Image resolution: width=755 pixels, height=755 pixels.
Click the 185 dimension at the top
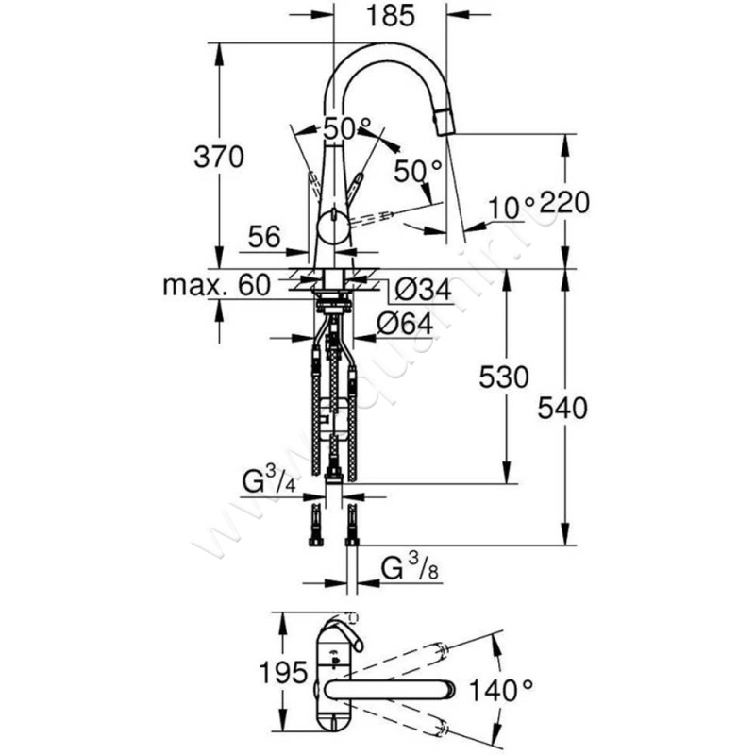pos(389,15)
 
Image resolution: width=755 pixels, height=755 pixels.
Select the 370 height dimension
pos(219,156)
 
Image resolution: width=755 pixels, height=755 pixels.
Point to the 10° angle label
pos(512,203)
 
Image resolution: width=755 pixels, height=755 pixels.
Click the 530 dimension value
pos(496,377)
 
